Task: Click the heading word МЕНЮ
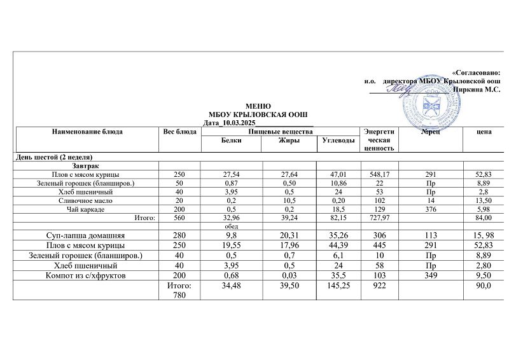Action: coord(258,106)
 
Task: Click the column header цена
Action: coord(484,132)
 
